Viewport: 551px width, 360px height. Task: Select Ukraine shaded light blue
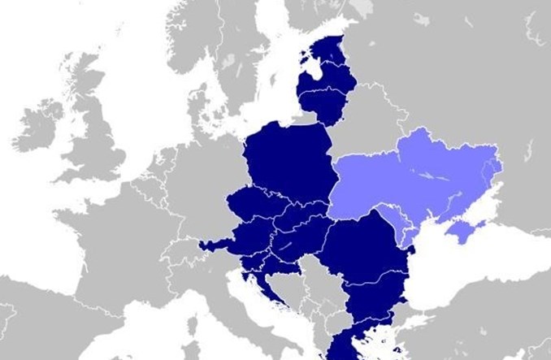[x=423, y=175]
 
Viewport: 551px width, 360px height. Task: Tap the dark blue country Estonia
[x=329, y=49]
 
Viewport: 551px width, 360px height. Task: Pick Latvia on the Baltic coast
[x=325, y=77]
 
